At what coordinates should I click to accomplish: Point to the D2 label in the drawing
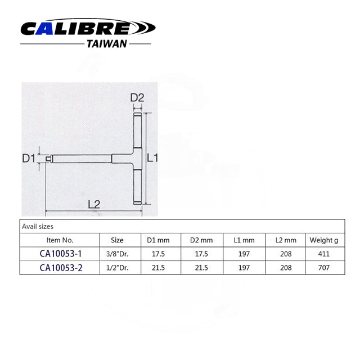point(137,97)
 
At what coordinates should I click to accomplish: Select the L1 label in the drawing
point(152,159)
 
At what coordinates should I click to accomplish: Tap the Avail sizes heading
point(37,227)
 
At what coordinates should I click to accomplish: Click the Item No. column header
point(60,240)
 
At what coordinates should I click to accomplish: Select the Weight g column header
point(323,240)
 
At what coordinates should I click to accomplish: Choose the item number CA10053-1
point(61,254)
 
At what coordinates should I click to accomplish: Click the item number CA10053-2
point(61,268)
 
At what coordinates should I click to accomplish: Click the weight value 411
point(323,254)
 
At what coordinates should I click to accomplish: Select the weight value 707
point(323,268)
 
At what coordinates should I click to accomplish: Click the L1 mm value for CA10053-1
point(245,254)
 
